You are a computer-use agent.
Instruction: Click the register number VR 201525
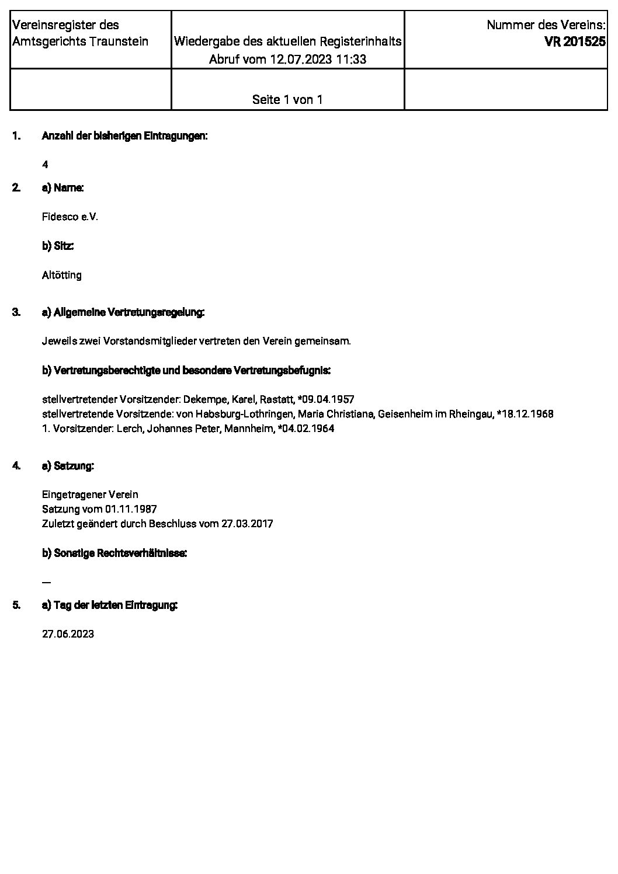click(x=575, y=42)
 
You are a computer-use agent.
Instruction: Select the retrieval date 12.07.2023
click(x=300, y=59)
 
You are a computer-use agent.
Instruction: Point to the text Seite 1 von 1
click(x=287, y=99)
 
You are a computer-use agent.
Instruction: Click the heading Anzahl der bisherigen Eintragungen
click(x=124, y=136)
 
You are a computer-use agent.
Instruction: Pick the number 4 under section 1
click(x=45, y=165)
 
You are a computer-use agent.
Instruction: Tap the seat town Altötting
click(x=62, y=275)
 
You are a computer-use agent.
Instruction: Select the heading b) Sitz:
click(x=58, y=246)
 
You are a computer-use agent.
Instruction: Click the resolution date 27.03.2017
click(x=247, y=524)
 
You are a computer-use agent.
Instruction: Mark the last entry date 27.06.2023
click(x=68, y=634)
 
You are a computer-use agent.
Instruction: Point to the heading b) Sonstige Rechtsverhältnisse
click(x=114, y=553)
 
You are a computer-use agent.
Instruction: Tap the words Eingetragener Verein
click(x=90, y=495)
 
